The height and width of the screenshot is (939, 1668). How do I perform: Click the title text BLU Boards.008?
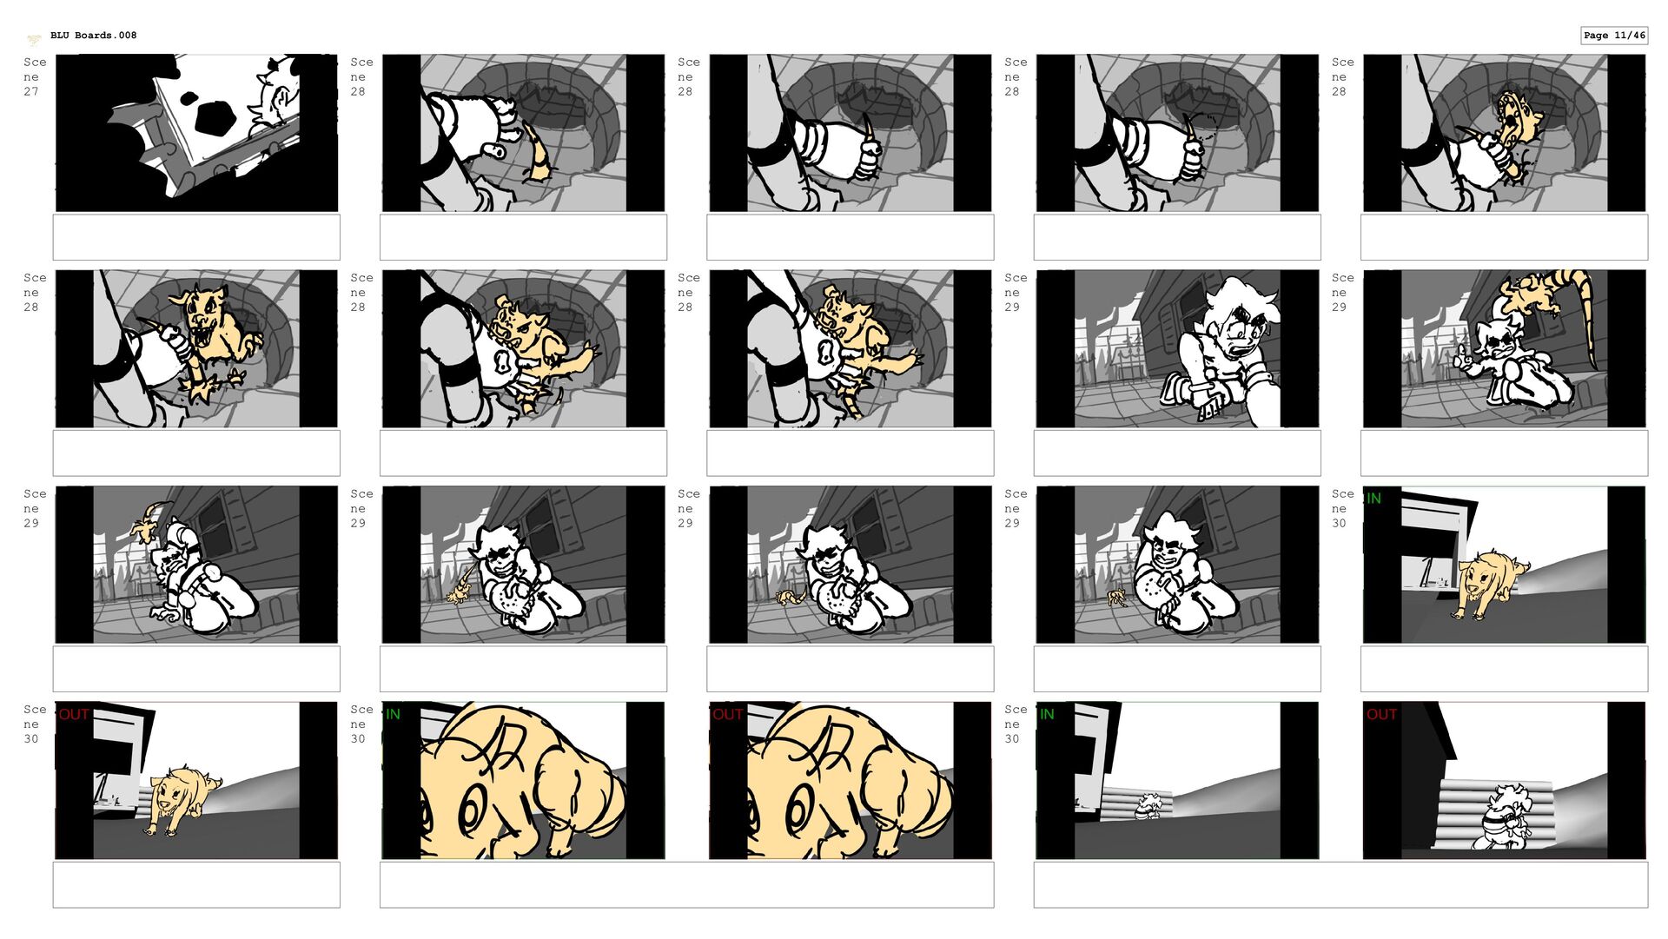(93, 36)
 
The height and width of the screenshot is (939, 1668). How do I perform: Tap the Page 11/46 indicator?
(1614, 36)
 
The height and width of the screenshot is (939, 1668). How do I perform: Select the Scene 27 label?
(34, 76)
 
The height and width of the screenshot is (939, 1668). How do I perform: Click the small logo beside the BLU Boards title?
(34, 39)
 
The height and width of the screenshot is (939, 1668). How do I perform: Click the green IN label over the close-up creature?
(393, 714)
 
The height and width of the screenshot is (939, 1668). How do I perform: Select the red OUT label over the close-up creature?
(727, 714)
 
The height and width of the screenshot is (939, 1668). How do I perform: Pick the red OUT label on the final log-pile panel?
(1381, 714)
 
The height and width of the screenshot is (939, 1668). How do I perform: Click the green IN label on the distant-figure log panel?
(1047, 714)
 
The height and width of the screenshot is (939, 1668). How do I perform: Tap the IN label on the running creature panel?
(1373, 499)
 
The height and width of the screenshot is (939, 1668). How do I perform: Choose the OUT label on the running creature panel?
(74, 714)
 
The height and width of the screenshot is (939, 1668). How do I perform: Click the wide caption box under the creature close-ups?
(686, 885)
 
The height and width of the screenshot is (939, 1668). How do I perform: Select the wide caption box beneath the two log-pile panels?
(1340, 885)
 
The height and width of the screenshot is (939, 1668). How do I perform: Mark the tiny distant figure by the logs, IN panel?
(1148, 807)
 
